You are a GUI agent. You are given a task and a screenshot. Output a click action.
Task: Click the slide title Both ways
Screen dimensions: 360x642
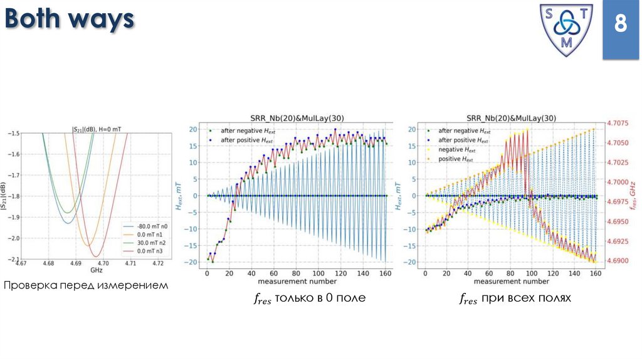tap(70, 20)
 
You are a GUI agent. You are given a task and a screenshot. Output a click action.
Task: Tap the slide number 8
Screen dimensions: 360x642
tap(620, 25)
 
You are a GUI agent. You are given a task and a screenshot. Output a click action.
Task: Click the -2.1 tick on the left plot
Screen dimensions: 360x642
tap(14, 258)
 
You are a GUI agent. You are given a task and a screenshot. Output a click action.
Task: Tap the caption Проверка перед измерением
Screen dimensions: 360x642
tap(87, 286)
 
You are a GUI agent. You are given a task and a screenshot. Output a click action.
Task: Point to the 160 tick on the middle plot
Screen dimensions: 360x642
tap(384, 273)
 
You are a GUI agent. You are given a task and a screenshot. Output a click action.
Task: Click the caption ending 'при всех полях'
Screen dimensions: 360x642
tap(515, 299)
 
